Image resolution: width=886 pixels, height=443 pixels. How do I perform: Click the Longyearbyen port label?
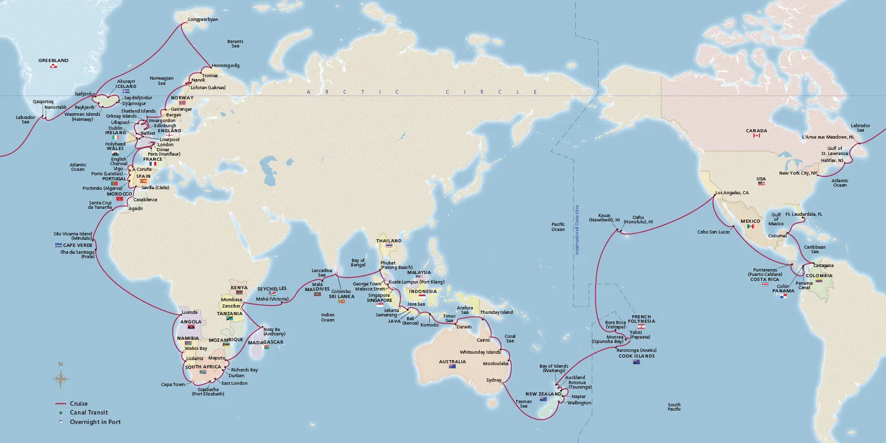click(x=203, y=20)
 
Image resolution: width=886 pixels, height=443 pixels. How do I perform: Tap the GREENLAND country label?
click(x=53, y=61)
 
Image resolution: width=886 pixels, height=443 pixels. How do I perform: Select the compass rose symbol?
click(x=61, y=378)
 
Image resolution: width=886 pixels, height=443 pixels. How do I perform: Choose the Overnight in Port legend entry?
click(x=94, y=422)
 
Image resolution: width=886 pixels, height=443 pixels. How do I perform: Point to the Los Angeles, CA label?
click(x=732, y=192)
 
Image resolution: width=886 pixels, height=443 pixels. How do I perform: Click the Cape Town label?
click(x=173, y=384)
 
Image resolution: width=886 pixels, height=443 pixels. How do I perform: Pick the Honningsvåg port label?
click(x=225, y=65)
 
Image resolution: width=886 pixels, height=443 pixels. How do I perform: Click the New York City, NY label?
click(x=798, y=173)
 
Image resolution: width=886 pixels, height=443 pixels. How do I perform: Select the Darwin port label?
click(x=464, y=327)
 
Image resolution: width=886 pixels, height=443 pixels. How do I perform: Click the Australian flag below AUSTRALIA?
click(x=452, y=367)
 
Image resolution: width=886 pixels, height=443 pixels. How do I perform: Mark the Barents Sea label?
click(x=235, y=44)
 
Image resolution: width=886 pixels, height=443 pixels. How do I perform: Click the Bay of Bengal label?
click(x=359, y=263)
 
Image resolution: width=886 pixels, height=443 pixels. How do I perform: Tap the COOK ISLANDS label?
click(x=636, y=356)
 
